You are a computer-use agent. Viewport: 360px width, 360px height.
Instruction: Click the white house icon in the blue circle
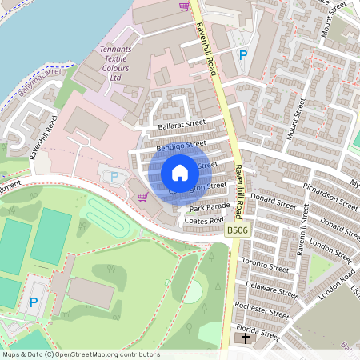180,173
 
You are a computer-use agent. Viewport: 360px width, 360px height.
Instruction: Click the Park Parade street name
210,207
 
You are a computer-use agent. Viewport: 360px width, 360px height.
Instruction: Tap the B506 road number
235,230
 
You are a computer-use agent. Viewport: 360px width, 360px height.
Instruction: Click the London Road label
336,283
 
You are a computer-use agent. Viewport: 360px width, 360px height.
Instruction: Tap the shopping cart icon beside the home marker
142,197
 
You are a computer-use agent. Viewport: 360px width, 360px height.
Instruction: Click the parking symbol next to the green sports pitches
33,302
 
